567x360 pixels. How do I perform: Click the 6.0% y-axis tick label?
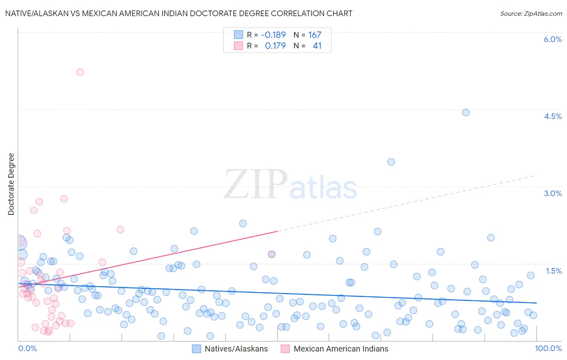[x=552, y=39]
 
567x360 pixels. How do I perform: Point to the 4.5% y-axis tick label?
[x=552, y=116]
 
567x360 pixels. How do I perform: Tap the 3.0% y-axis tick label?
[x=552, y=193]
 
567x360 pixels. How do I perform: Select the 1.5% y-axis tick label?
[x=554, y=271]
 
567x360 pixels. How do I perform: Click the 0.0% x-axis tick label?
[x=27, y=349]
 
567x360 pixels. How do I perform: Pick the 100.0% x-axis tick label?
[x=548, y=349]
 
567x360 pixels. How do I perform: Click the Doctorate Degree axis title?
[x=11, y=184]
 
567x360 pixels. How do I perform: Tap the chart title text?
[x=179, y=13]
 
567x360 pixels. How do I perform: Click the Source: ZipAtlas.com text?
[x=531, y=13]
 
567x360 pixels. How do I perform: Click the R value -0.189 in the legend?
[x=273, y=35]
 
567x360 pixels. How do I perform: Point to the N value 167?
[x=315, y=35]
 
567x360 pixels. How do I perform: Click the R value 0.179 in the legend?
[x=275, y=46]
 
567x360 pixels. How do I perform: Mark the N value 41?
[x=317, y=46]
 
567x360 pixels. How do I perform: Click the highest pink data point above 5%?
[x=80, y=72]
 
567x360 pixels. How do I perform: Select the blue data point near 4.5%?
[x=465, y=113]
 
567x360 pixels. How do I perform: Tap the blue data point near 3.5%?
[x=391, y=162]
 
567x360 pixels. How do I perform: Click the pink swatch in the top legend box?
[x=238, y=46]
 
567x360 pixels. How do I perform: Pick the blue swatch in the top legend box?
[x=238, y=35]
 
